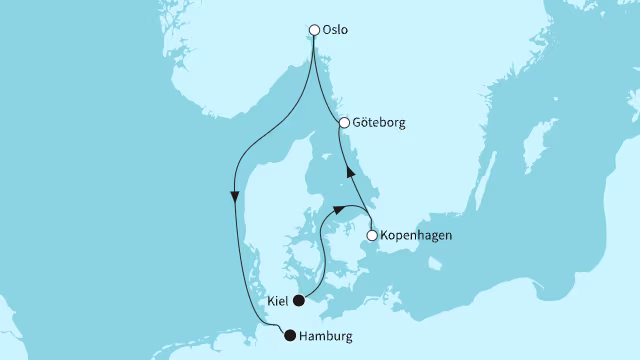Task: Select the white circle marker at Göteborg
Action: [344, 123]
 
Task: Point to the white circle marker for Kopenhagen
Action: [372, 236]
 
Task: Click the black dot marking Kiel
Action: [298, 299]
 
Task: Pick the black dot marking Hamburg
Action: [290, 336]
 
